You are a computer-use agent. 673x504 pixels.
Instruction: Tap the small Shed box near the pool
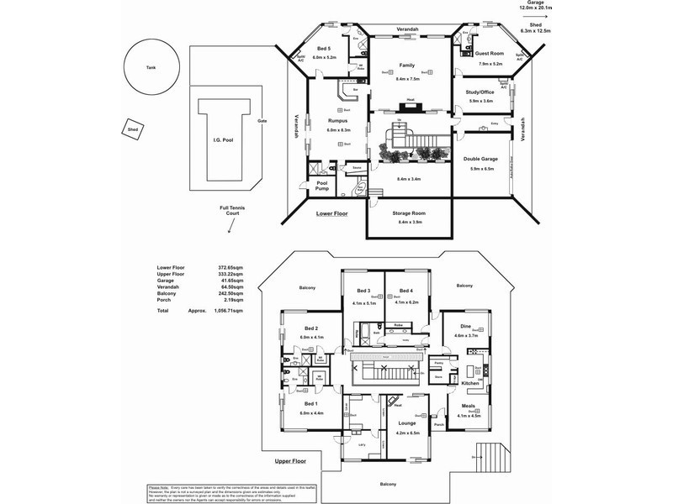[x=133, y=129]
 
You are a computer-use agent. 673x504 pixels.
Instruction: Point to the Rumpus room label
[x=338, y=121]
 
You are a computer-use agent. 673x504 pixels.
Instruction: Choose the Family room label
[x=407, y=65]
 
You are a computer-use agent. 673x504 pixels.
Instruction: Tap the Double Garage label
[x=480, y=159]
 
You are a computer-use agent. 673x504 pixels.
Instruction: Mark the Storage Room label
[x=409, y=213]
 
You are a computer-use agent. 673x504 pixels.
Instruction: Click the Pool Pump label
[x=322, y=186]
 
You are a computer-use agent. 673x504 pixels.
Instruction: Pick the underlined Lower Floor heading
[x=331, y=214]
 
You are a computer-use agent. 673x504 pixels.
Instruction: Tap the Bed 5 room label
[x=324, y=49]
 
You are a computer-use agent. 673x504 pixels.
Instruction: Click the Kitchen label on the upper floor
[x=469, y=383]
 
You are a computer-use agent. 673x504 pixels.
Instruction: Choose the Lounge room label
[x=406, y=424]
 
